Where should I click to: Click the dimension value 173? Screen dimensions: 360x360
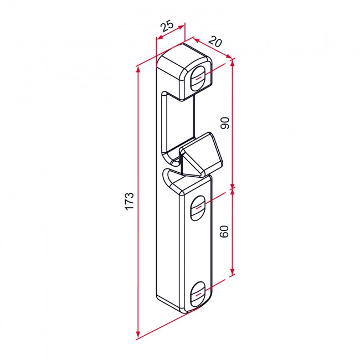click(130, 201)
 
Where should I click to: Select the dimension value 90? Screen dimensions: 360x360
click(225, 123)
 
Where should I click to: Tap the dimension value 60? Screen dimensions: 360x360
click(224, 232)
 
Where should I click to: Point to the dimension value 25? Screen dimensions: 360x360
click(167, 26)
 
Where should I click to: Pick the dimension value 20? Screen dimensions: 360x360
click(215, 42)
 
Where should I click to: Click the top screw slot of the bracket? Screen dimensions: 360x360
click(198, 78)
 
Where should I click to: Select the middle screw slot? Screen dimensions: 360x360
click(198, 208)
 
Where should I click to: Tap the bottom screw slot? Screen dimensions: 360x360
click(198, 294)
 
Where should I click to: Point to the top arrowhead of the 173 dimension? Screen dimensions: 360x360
click(138, 70)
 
